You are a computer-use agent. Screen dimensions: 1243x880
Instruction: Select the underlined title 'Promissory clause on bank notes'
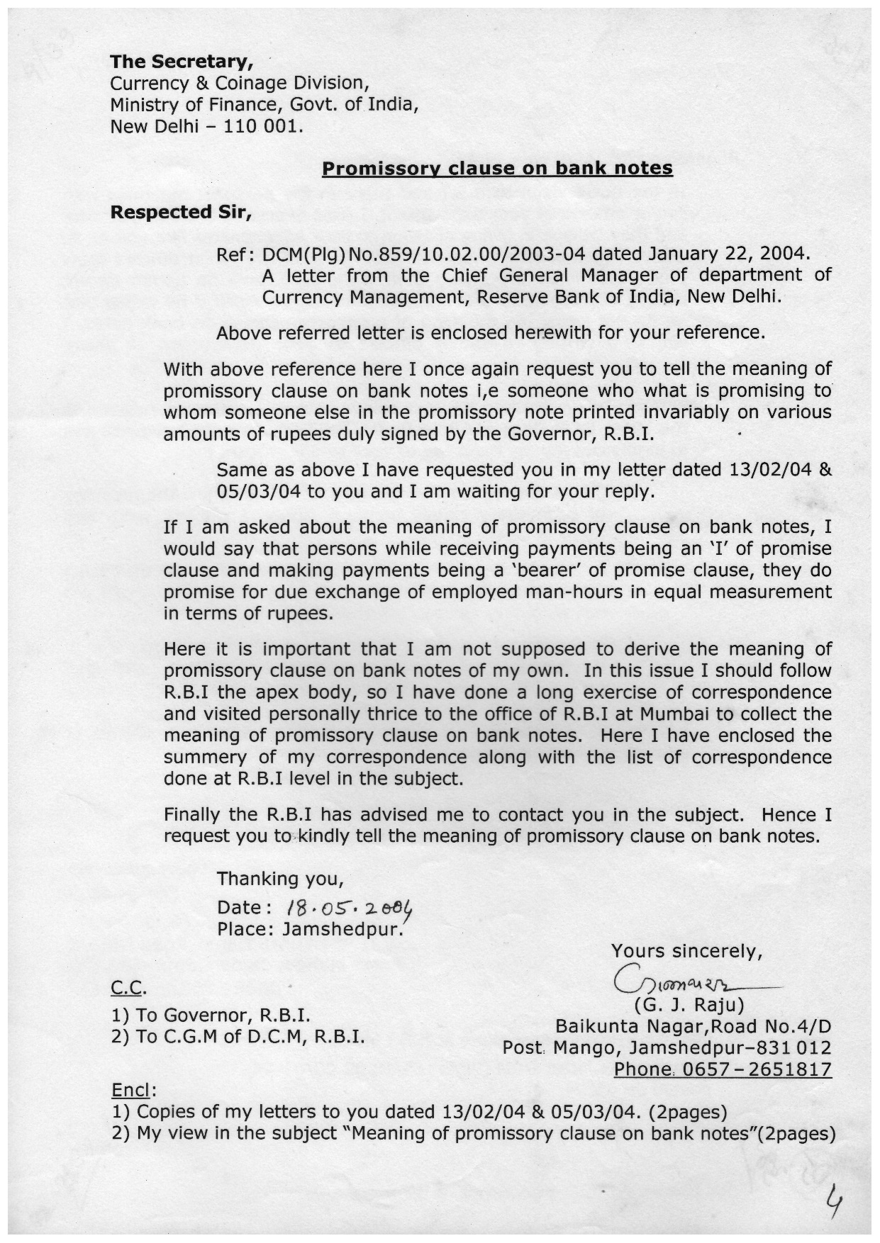tap(497, 169)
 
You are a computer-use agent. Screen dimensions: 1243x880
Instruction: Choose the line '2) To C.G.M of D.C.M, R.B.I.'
tap(238, 1037)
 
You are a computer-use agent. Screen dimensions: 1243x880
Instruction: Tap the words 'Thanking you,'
tap(280, 879)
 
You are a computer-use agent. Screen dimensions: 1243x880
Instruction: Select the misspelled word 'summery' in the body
tap(199, 758)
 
